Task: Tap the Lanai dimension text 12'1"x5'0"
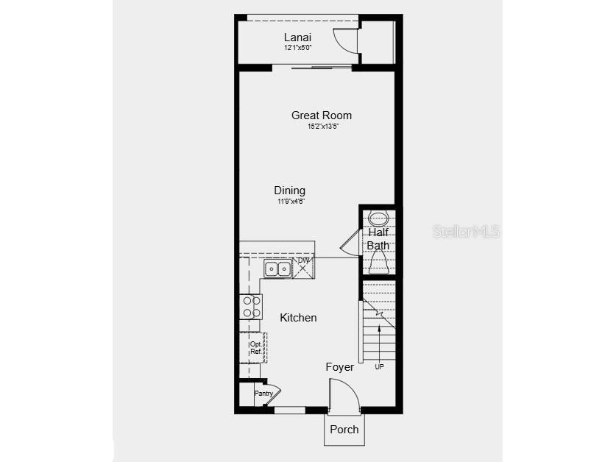298,48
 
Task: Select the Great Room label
322,115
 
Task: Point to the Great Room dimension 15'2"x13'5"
322,127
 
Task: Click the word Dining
290,190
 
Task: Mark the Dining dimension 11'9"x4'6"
291,201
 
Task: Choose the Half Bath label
378,239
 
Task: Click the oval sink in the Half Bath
378,218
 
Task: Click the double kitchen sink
277,269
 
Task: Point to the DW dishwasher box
304,268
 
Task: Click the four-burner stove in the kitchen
251,306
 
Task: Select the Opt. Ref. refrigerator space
254,347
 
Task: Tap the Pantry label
263,394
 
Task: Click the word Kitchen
298,318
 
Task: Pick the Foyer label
339,367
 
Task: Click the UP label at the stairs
379,366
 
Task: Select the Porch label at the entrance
344,430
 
